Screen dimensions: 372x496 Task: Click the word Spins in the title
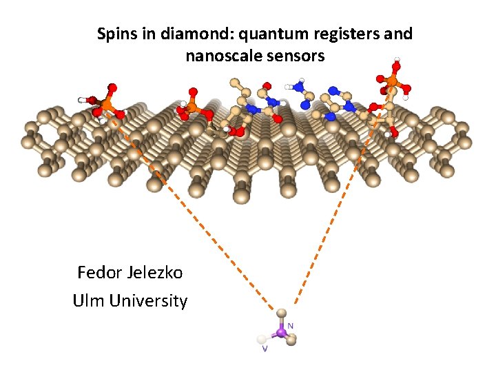click(115, 34)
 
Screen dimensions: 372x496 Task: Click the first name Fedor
click(101, 273)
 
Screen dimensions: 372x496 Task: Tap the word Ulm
click(87, 301)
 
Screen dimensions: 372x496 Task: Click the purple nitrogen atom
click(280, 333)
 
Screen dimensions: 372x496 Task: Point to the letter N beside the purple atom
click(291, 324)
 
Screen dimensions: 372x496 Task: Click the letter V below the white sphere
click(264, 349)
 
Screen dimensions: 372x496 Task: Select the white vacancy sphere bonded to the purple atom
click(261, 339)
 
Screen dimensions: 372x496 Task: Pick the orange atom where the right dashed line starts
click(391, 82)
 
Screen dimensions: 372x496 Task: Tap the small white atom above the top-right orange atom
click(396, 59)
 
